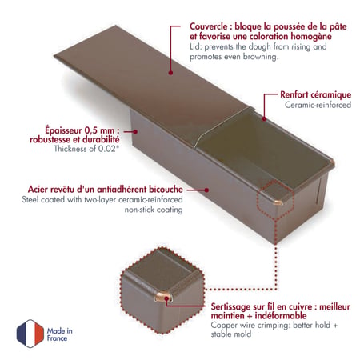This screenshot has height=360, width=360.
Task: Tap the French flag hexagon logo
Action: [x=30, y=334]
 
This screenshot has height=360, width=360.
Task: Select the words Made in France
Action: [x=60, y=334]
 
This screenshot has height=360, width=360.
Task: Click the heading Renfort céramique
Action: [x=315, y=94]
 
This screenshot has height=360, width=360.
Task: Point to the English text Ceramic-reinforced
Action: [x=318, y=105]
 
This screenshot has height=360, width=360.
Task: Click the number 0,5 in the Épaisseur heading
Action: [x=91, y=130]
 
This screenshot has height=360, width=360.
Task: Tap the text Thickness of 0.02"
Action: [x=86, y=149]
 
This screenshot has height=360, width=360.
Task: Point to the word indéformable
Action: [x=281, y=316]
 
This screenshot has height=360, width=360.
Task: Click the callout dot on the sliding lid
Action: [x=170, y=73]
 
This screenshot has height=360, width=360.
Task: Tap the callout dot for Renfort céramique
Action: [x=264, y=118]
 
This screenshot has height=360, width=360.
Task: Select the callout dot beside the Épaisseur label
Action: [x=135, y=131]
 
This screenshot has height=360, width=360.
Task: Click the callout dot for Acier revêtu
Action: [x=206, y=190]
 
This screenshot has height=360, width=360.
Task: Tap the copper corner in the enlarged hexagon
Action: [x=163, y=297]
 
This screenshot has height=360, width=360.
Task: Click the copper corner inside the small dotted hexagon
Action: [x=278, y=203]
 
